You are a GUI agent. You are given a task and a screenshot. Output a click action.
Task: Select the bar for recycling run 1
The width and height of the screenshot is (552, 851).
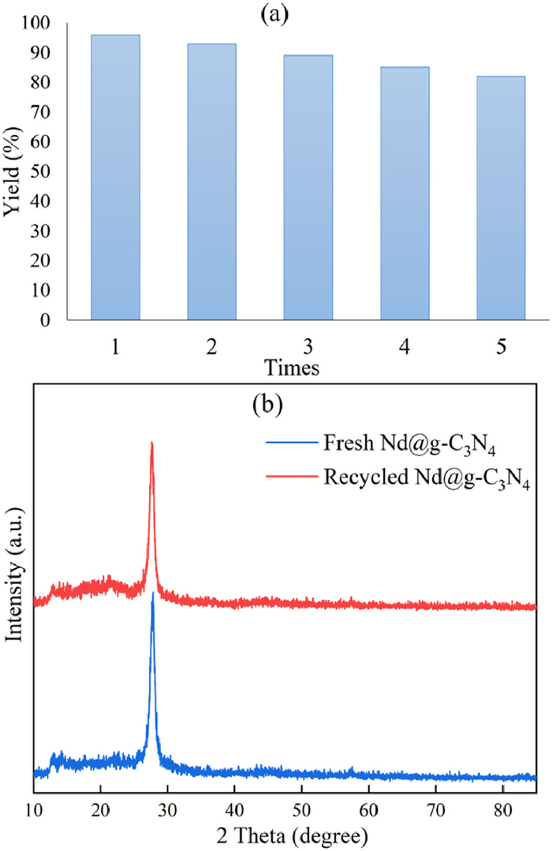tap(115, 177)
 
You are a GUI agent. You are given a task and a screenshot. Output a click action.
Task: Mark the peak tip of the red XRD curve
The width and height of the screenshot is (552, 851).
tap(151, 444)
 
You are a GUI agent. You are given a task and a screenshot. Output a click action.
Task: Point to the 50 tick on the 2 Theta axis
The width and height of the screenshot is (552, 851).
tap(300, 808)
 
